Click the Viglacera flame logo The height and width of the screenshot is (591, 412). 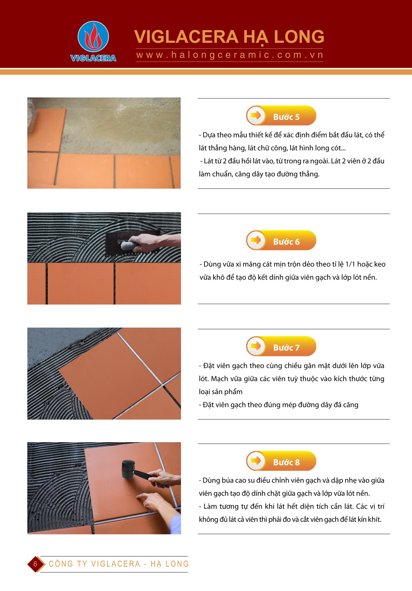click(x=93, y=37)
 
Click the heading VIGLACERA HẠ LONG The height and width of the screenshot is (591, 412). click(x=229, y=37)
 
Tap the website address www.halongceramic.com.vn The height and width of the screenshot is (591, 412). click(x=230, y=55)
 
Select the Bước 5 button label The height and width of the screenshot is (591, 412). click(x=286, y=117)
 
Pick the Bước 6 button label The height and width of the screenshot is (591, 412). click(x=286, y=242)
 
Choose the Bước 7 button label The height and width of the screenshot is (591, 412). click(x=286, y=348)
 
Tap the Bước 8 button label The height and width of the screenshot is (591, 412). click(x=286, y=462)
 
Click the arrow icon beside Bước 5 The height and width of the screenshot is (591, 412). click(x=256, y=115)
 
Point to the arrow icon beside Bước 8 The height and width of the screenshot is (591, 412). click(x=256, y=460)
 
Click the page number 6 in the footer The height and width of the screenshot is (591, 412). click(x=35, y=564)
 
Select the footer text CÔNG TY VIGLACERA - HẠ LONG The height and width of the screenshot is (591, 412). click(x=119, y=564)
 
